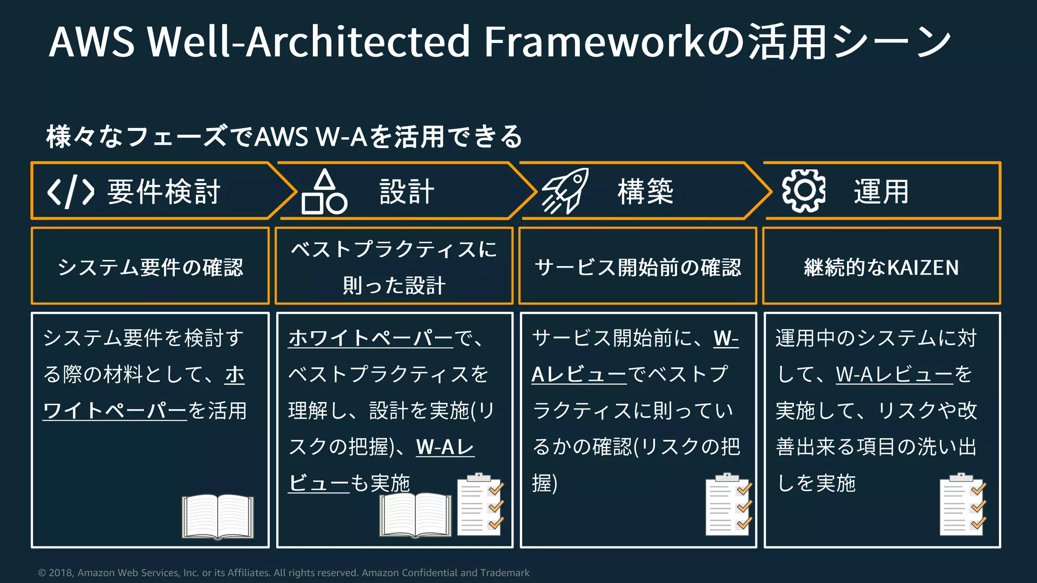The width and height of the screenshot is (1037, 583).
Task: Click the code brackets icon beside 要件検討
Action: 70,192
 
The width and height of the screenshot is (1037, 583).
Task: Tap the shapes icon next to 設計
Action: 324,192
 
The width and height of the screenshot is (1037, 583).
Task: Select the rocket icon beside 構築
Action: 565,191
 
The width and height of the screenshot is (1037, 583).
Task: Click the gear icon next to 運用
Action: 804,191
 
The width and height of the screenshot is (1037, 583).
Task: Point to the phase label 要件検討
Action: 164,192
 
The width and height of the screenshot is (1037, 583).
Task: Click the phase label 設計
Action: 407,192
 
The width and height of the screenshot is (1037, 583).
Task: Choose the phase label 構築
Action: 646,192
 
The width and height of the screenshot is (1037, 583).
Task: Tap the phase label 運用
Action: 882,192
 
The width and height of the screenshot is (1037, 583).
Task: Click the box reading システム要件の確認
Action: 150,266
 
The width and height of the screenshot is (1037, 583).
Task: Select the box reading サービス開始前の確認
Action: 638,266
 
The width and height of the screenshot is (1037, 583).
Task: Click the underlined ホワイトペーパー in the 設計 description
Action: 371,338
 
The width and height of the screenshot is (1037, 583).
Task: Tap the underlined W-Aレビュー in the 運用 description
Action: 895,374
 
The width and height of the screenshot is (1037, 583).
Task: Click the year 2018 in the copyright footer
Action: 60,573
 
